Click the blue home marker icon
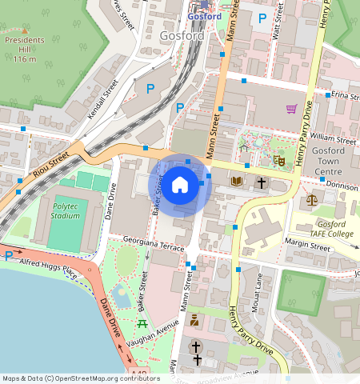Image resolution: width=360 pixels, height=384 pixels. (x=180, y=186)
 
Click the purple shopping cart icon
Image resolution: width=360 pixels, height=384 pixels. (x=291, y=109)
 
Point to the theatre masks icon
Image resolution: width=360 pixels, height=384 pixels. (x=279, y=160)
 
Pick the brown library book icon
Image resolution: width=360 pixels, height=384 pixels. (x=236, y=182)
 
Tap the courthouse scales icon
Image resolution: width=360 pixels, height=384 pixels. (x=311, y=199)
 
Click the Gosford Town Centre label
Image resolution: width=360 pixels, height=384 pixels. (x=334, y=162)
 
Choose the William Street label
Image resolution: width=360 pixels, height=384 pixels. (x=335, y=139)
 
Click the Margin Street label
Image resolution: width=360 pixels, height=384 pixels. (x=309, y=248)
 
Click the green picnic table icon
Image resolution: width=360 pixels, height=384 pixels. (x=142, y=323)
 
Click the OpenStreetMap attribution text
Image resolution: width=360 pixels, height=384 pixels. (x=81, y=378)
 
